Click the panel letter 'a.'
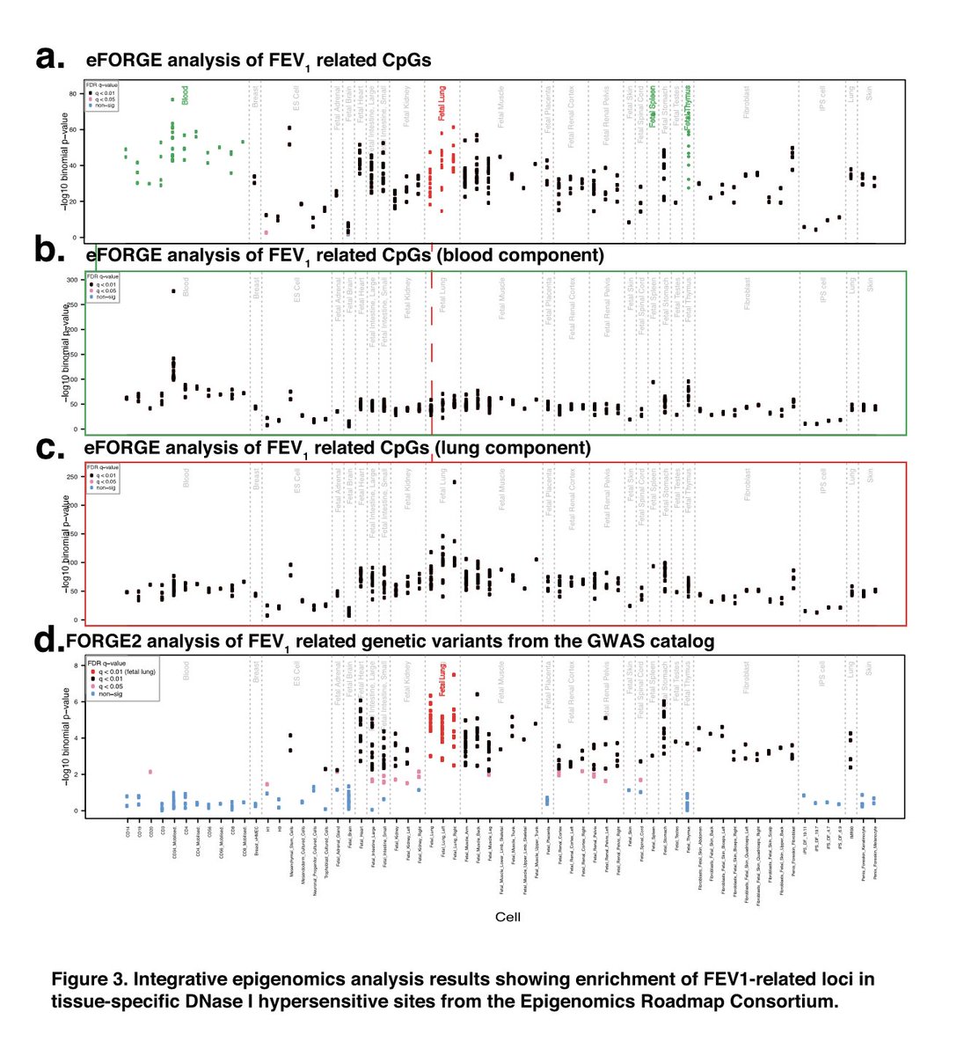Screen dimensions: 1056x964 click(x=51, y=59)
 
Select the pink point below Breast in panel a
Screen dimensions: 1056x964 click(x=266, y=232)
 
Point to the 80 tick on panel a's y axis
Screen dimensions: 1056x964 click(x=74, y=93)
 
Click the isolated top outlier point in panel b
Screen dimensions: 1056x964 click(x=173, y=291)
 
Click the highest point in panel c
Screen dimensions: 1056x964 click(x=455, y=481)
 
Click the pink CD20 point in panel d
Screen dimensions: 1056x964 click(x=150, y=772)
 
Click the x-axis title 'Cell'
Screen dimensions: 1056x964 click(x=508, y=917)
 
